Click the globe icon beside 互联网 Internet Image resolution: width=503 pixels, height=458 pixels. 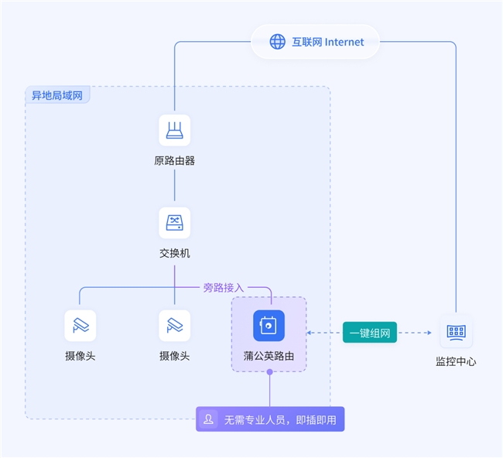tap(277, 42)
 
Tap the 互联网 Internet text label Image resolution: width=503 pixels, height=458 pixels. tap(327, 42)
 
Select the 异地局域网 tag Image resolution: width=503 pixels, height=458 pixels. tap(57, 95)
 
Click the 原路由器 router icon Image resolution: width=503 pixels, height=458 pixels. tap(175, 130)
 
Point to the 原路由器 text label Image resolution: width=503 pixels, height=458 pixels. tap(175, 161)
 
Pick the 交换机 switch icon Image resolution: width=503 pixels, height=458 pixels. tap(175, 223)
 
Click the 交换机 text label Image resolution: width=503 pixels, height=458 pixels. tap(175, 254)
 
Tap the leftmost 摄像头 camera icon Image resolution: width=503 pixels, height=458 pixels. tap(80, 326)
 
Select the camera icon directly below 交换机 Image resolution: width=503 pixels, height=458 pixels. tap(175, 326)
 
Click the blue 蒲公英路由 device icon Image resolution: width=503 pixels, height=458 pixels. tap(269, 326)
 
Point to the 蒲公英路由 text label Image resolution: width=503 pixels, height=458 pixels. tap(269, 356)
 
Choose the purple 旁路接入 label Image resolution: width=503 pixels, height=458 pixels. tap(224, 288)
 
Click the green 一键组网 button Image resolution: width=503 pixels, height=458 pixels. tap(370, 333)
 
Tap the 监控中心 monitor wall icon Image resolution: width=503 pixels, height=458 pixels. tap(456, 332)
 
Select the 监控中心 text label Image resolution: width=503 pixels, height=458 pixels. tap(456, 362)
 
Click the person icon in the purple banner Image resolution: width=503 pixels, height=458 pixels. tap(208, 419)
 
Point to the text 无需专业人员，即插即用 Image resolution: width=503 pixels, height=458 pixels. tap(280, 420)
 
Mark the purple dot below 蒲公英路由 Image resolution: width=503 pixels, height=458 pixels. tap(270, 372)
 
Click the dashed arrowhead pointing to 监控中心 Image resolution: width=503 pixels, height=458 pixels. tap(429, 333)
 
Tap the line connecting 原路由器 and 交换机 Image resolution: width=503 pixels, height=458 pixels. tap(175, 185)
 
